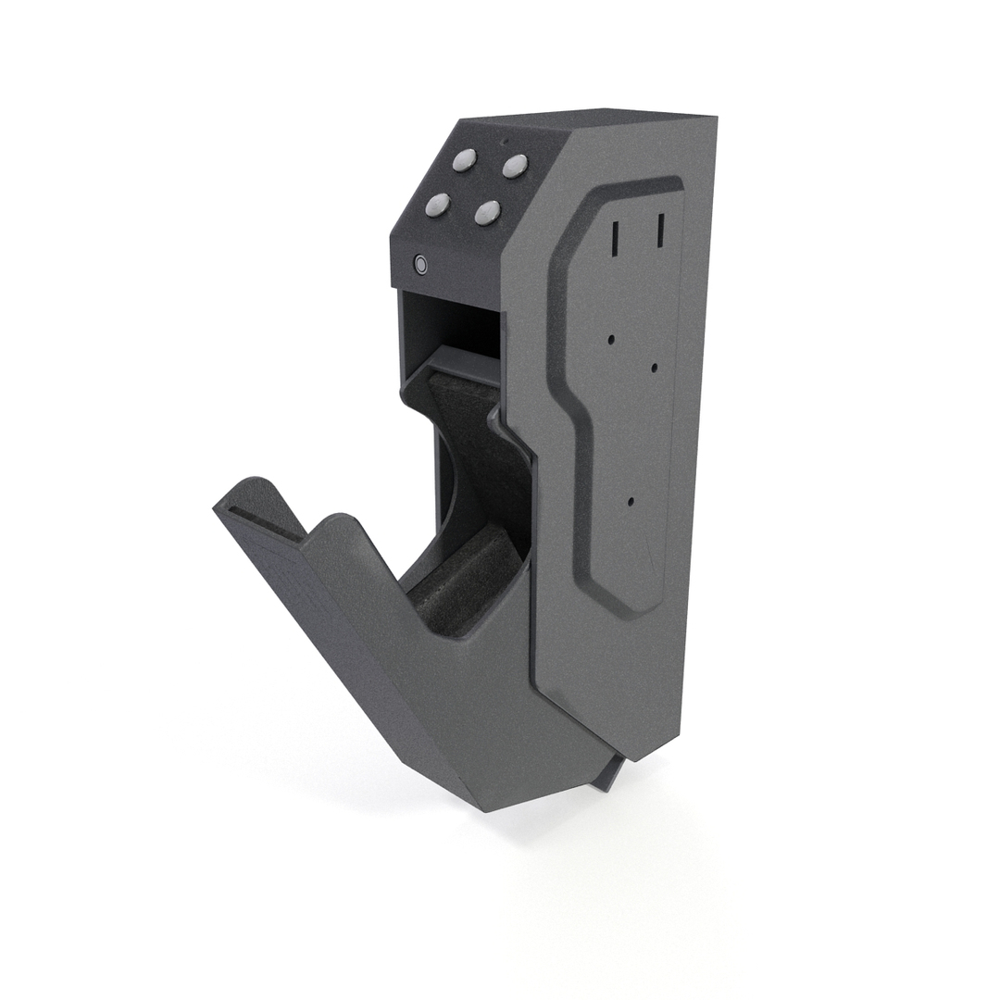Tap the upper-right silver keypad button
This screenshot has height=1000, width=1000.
pyautogui.click(x=515, y=167)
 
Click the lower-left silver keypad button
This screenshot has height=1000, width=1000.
pyautogui.click(x=437, y=206)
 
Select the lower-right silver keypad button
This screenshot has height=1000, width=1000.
pyautogui.click(x=487, y=213)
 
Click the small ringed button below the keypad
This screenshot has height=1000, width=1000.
pyautogui.click(x=421, y=265)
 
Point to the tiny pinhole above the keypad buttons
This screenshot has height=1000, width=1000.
pyautogui.click(x=504, y=142)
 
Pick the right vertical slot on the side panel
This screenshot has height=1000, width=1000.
pyautogui.click(x=660, y=231)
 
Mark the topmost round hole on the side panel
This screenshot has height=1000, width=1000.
pyautogui.click(x=611, y=339)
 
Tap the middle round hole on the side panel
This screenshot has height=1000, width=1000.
pyautogui.click(x=654, y=368)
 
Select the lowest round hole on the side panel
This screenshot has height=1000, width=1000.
pyautogui.click(x=631, y=502)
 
